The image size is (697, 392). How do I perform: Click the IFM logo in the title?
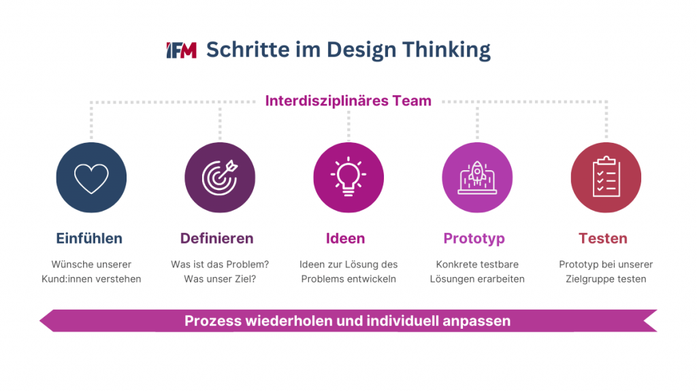pyautogui.click(x=181, y=50)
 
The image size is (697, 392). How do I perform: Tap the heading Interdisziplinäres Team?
pyautogui.click(x=348, y=101)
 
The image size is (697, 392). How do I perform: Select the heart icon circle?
pyautogui.click(x=91, y=178)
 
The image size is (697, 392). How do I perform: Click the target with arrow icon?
pyautogui.click(x=220, y=178)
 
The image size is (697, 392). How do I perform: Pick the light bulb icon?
pyautogui.click(x=348, y=178)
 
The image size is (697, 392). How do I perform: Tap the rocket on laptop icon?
pyautogui.click(x=477, y=178)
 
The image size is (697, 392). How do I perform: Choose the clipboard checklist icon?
pyautogui.click(x=606, y=178)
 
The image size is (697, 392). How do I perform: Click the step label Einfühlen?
pyautogui.click(x=89, y=238)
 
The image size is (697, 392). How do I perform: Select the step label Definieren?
pyautogui.click(x=216, y=238)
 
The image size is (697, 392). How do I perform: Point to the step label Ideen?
pyautogui.click(x=345, y=238)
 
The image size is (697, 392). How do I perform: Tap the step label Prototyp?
pyautogui.click(x=474, y=238)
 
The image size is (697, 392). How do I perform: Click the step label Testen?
pyautogui.click(x=603, y=238)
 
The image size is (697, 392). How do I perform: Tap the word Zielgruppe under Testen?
pyautogui.click(x=589, y=279)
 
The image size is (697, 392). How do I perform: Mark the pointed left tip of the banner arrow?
pyautogui.click(x=41, y=321)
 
